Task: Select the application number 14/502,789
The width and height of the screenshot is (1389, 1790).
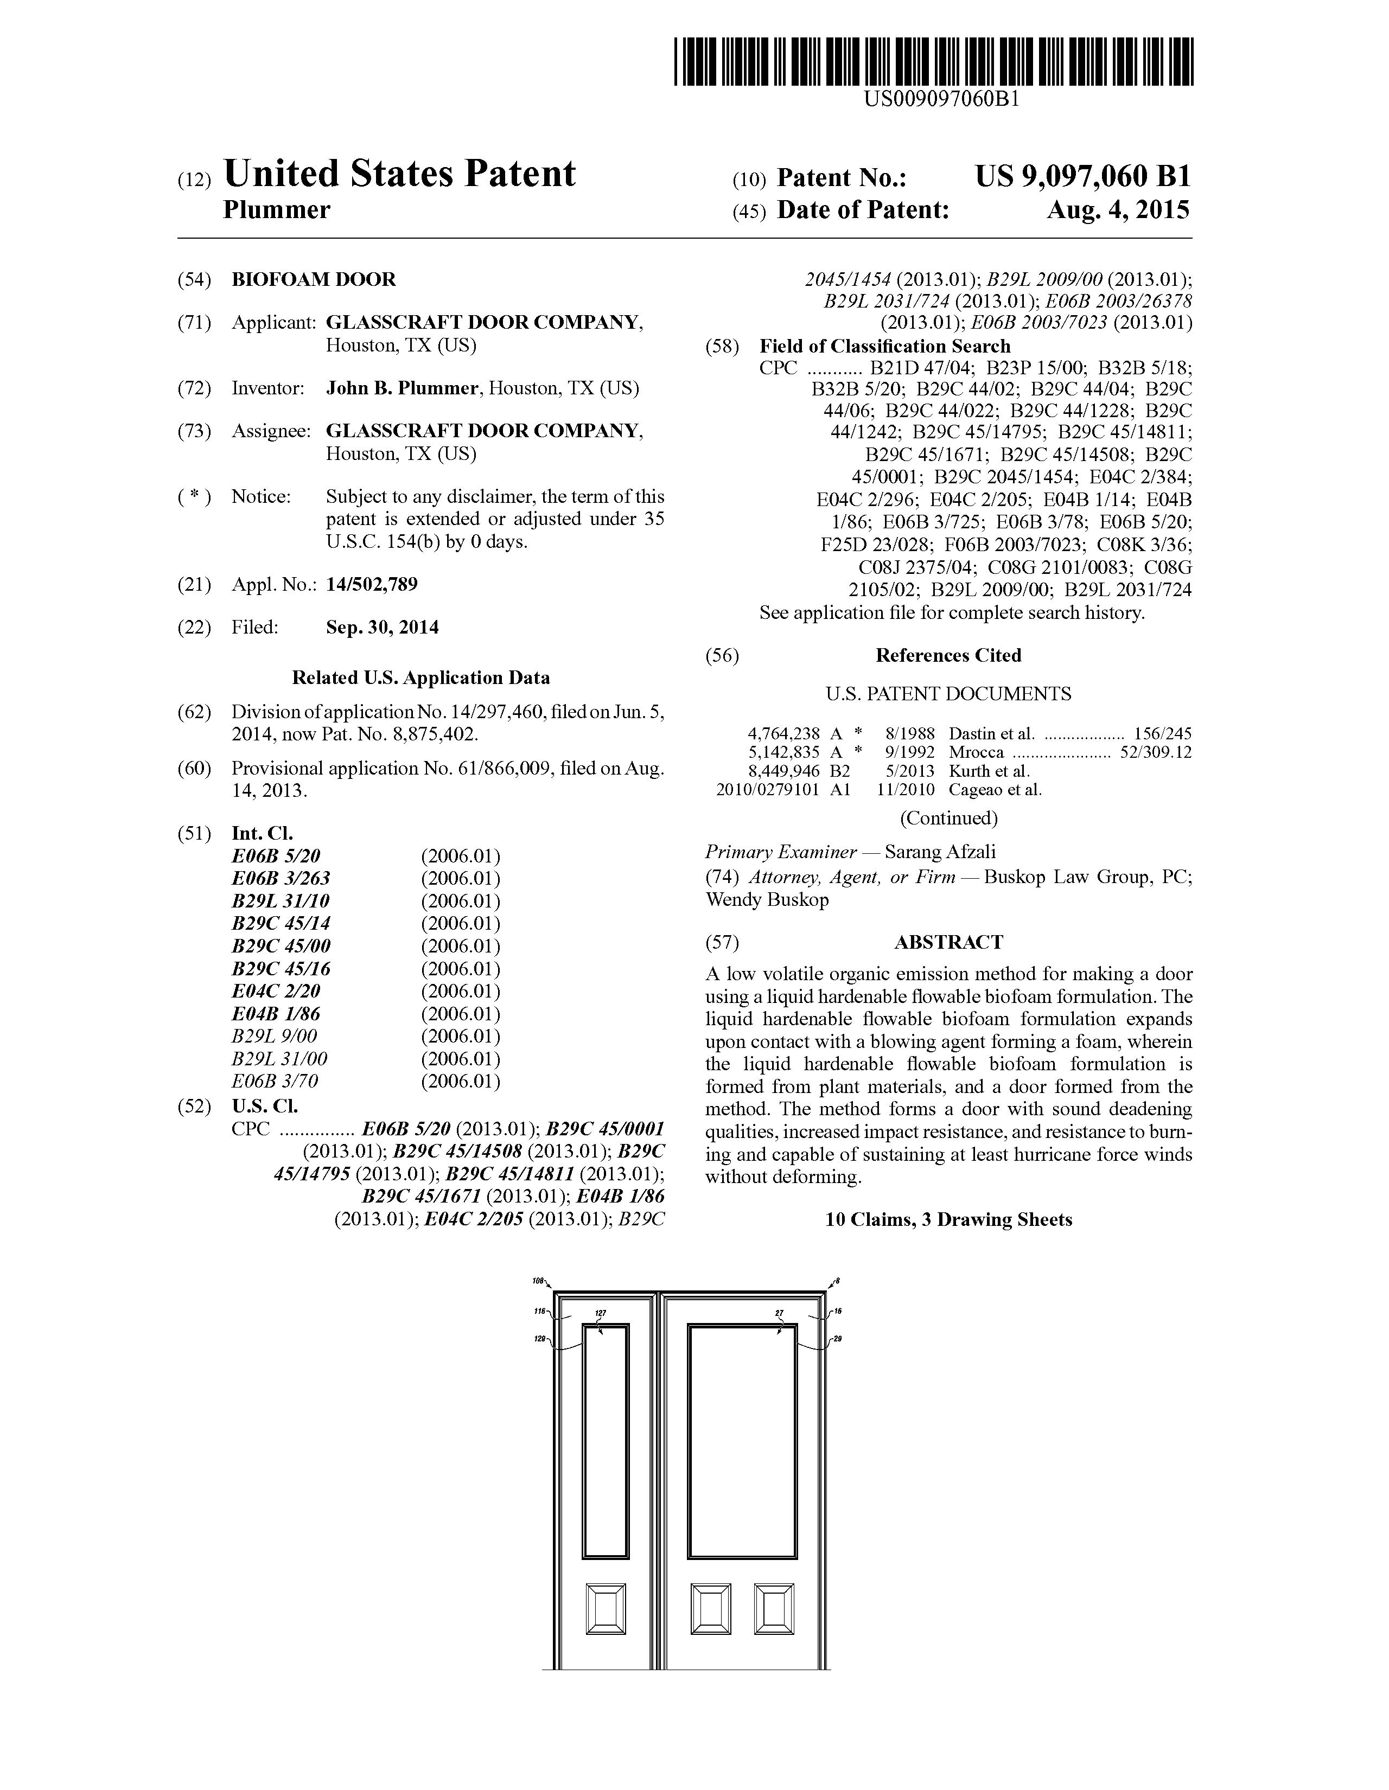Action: tap(372, 584)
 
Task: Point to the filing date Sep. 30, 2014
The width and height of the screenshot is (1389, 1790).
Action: tap(382, 628)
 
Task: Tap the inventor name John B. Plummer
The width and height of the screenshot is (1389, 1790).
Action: tap(402, 388)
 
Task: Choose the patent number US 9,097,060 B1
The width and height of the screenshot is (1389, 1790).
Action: tap(1082, 176)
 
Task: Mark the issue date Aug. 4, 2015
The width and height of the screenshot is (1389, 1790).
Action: tap(1118, 210)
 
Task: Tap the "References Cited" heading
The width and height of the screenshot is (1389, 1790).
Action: tap(948, 656)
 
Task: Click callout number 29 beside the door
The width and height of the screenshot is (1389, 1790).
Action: tap(837, 1339)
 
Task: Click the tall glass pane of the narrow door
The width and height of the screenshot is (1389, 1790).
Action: tap(605, 1442)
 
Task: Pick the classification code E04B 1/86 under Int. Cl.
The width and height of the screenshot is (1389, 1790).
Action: tap(276, 1014)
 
